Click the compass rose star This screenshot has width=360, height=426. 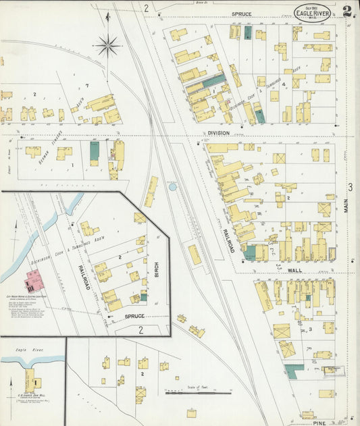[x=107, y=46]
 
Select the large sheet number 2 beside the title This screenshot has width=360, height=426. [x=347, y=11]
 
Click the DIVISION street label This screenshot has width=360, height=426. [x=219, y=134]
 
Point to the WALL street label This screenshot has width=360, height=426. [x=294, y=269]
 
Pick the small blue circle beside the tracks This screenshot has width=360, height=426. [x=172, y=186]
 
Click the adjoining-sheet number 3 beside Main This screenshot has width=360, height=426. [x=351, y=187]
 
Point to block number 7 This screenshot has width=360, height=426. [x=86, y=85]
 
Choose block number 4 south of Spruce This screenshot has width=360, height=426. [x=284, y=84]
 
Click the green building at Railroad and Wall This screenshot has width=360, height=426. [x=250, y=253]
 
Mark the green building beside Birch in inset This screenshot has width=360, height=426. [x=143, y=296]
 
